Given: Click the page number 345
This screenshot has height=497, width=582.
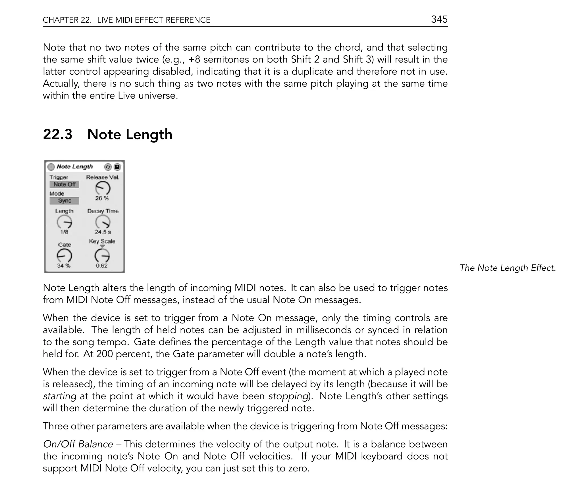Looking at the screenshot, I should (439, 19).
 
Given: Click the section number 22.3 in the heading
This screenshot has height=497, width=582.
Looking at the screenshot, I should (58, 134).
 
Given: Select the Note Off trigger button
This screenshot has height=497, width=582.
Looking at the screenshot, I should (65, 184).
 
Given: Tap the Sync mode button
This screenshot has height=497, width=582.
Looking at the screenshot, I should (65, 201).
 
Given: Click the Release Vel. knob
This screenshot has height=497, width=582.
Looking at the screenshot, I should (103, 188).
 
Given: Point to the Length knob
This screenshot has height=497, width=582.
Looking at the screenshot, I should (65, 222).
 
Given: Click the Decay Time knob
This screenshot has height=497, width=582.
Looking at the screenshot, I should (103, 222).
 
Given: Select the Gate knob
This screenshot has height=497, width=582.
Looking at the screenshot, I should (65, 256).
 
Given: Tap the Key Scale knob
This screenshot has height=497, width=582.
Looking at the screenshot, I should (102, 256).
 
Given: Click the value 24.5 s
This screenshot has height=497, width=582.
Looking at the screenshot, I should (103, 232).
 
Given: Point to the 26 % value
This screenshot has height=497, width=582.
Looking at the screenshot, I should (102, 198).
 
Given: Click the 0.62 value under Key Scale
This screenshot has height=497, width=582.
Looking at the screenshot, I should (101, 266).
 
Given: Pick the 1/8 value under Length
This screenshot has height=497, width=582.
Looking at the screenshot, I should (64, 232).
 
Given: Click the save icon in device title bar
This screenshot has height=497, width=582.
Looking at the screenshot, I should (117, 167).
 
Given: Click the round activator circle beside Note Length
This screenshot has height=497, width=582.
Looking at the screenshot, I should (51, 167).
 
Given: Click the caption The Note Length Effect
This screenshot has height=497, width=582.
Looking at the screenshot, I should (508, 268).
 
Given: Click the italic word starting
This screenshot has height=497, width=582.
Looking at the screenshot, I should (60, 396).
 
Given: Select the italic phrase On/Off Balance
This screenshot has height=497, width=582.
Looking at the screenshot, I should (78, 444).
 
